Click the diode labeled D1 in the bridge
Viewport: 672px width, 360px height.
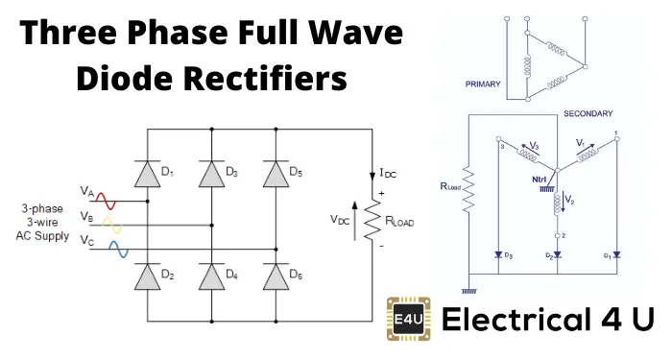click(x=147, y=172)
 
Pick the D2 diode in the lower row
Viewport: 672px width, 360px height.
click(x=147, y=276)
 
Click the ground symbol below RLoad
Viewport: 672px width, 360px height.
click(x=469, y=290)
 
